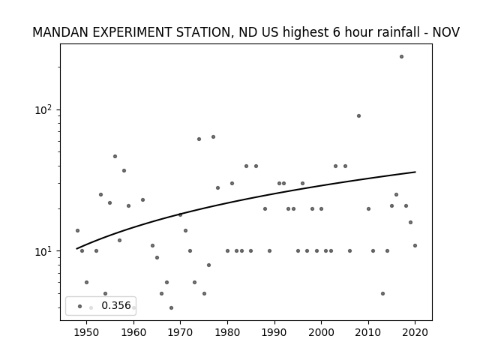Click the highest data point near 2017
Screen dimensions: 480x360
401,57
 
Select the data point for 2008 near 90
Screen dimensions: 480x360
358,115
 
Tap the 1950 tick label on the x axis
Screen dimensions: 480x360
86,332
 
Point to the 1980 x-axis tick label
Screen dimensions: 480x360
227,332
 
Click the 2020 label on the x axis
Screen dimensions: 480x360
415,332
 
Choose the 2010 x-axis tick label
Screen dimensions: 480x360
368,332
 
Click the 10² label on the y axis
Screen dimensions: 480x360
45,109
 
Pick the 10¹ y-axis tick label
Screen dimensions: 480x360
45,251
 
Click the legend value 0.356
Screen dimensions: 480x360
116,305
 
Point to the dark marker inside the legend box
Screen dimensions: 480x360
79,306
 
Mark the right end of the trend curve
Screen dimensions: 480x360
415,172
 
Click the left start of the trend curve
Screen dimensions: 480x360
76,248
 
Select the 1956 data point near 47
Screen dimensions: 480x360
115,157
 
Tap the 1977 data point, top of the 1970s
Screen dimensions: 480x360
213,136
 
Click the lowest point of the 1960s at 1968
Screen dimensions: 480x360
171,307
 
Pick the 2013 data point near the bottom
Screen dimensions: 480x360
382,293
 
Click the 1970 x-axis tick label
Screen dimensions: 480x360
180,332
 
